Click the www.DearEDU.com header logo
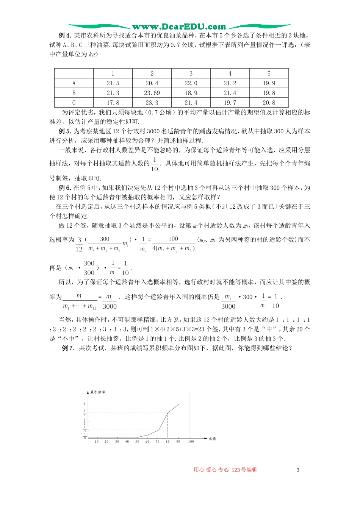(179, 27)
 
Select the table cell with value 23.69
(152, 93)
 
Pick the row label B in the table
(74, 93)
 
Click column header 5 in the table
(269, 73)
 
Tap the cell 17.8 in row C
(113, 103)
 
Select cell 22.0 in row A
(191, 83)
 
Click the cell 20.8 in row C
(269, 103)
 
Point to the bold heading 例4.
(65, 36)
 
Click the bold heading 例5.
(65, 131)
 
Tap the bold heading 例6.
(65, 187)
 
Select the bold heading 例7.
(68, 348)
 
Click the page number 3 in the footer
(298, 470)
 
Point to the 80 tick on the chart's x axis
(167, 442)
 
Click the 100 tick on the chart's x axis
(191, 442)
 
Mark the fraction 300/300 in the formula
(89, 268)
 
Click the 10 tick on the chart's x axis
(97, 442)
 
